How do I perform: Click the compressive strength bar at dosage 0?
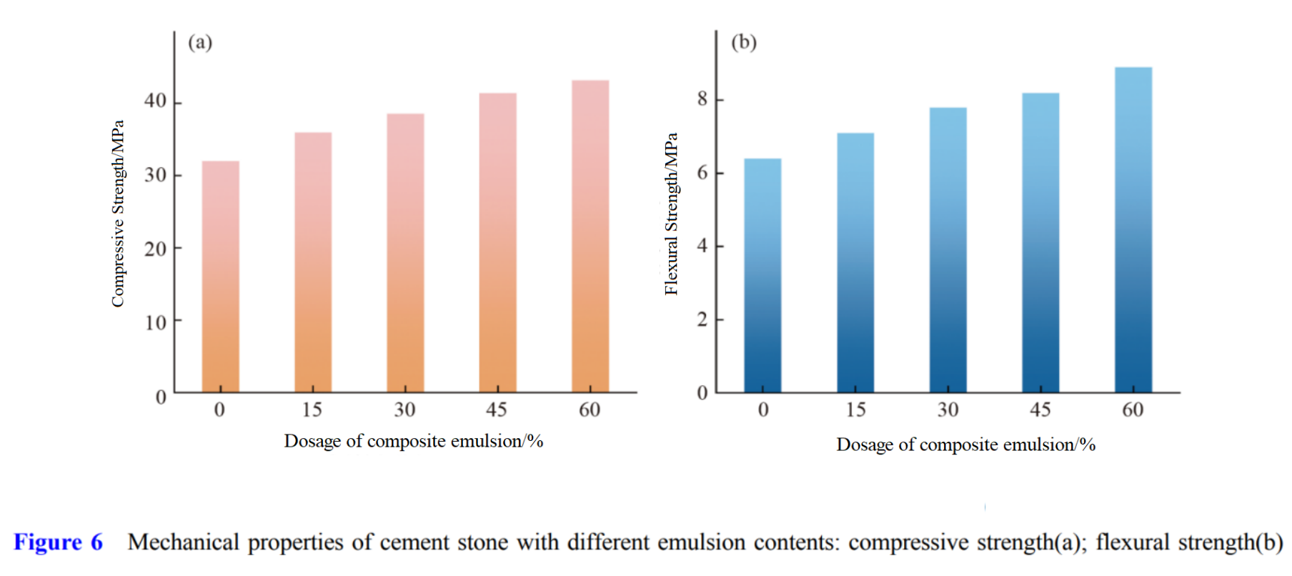click(220, 277)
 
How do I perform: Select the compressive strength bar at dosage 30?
click(405, 253)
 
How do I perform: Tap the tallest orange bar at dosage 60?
click(590, 236)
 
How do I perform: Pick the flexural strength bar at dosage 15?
click(855, 262)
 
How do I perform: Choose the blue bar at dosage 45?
click(1040, 242)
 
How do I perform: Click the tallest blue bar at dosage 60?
click(1133, 229)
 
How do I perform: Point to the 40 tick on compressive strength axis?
click(156, 101)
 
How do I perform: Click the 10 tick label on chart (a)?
click(156, 323)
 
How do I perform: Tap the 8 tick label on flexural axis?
click(702, 99)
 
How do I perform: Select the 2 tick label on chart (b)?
click(702, 319)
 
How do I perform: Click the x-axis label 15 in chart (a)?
click(312, 409)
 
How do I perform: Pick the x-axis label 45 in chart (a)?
click(497, 409)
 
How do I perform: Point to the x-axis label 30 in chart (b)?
click(948, 409)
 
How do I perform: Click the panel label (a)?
click(200, 42)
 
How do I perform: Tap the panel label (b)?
click(743, 42)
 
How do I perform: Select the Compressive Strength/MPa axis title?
click(118, 214)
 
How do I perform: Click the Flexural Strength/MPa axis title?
click(671, 214)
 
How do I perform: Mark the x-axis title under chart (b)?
click(965, 445)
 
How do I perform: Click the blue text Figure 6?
click(58, 542)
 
